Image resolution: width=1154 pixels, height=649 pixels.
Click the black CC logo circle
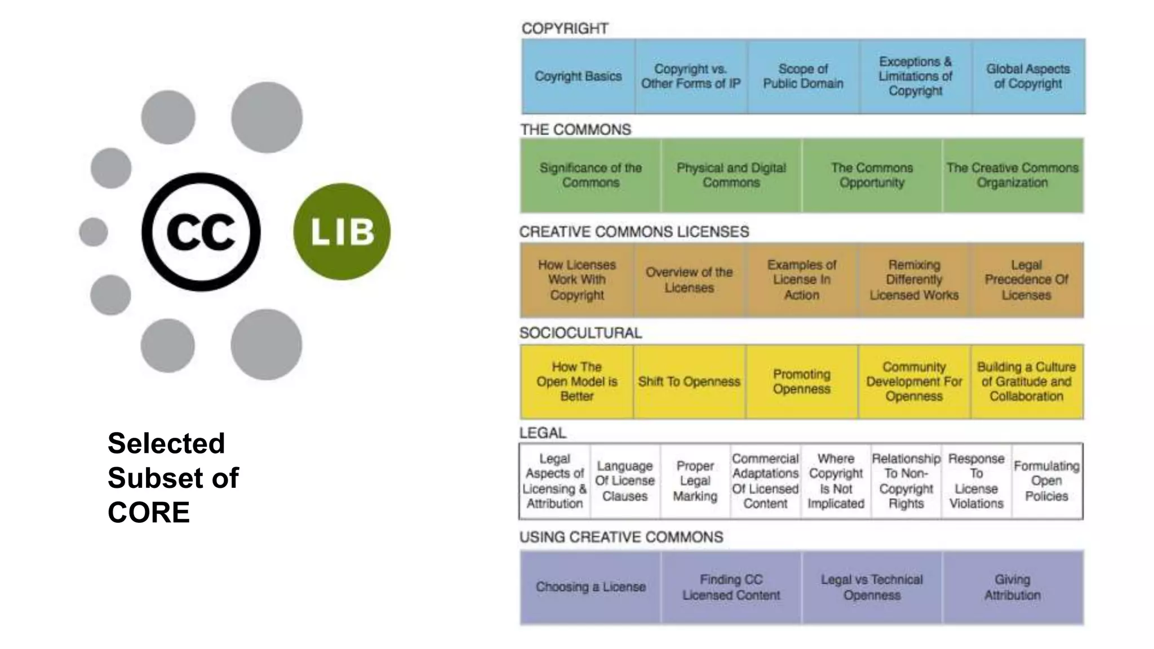(201, 232)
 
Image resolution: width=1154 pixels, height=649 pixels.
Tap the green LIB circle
(341, 231)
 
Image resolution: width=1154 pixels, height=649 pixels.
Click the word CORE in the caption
(149, 512)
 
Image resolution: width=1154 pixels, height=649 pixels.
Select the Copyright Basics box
(578, 76)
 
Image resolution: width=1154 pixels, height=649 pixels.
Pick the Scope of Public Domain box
(803, 76)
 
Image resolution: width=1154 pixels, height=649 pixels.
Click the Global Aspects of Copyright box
(1028, 76)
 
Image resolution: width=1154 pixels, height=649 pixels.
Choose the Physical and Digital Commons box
(731, 175)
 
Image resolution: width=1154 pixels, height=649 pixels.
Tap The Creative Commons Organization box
(1012, 175)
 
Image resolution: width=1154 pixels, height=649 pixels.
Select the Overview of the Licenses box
(689, 279)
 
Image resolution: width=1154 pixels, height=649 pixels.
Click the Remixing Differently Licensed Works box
(913, 279)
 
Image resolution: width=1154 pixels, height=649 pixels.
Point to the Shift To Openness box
(689, 381)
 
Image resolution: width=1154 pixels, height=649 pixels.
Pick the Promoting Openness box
(801, 381)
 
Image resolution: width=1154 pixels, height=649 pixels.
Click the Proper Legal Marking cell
(695, 481)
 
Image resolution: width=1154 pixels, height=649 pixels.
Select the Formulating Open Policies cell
(1046, 481)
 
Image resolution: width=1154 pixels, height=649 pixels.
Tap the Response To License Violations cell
(976, 481)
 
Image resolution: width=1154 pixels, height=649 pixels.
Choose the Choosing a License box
(591, 587)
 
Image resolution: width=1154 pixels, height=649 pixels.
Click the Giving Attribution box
(1012, 587)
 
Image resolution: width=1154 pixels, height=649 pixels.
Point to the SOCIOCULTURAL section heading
(580, 333)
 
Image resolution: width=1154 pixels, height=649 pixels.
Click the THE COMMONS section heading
(575, 130)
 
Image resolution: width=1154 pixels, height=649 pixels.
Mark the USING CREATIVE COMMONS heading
(621, 537)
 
